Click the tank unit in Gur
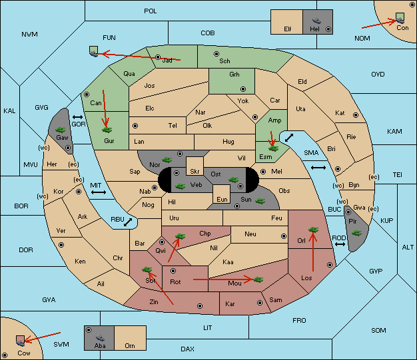107,130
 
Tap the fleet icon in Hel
316,21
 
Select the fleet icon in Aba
100,337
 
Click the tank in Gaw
61,130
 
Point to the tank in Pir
356,233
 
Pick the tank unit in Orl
313,230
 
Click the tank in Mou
258,279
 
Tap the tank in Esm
273,148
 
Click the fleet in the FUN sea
94,51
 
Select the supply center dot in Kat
356,115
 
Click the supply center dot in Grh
243,89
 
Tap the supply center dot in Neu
284,236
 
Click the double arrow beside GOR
78,117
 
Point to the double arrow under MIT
99,192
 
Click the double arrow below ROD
340,244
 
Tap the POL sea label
151,11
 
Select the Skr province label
195,172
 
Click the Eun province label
222,200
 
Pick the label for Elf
288,29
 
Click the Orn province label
130,345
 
